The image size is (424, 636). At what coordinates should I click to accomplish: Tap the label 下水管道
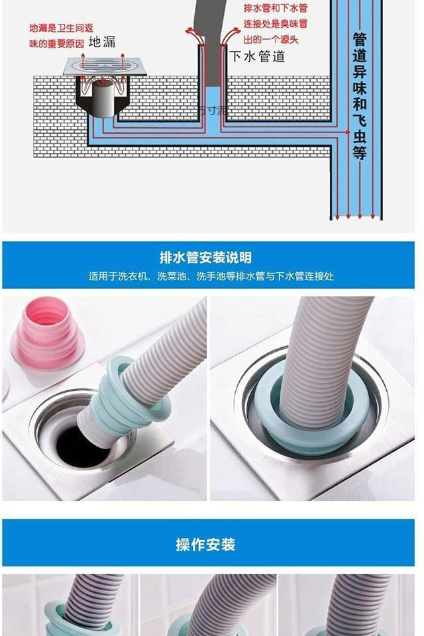257,57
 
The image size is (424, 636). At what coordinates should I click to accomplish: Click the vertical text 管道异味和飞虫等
360,96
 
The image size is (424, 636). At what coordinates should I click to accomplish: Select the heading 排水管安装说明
205,258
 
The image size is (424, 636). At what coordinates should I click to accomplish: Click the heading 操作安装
205,545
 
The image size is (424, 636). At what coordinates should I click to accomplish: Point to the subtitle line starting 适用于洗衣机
211,276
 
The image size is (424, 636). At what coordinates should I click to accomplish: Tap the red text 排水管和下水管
275,9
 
